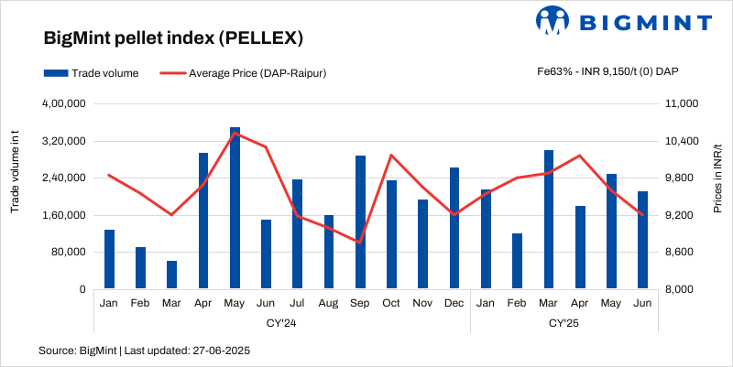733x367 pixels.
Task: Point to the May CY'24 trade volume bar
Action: click(x=235, y=209)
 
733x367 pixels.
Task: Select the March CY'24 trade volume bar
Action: click(x=171, y=275)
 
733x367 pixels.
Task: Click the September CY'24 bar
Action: click(x=360, y=222)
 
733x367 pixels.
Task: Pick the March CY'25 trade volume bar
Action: click(x=548, y=220)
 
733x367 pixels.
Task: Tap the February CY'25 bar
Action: click(x=517, y=261)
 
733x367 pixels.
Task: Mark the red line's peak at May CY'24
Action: click(x=235, y=134)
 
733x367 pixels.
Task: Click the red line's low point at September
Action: click(x=360, y=243)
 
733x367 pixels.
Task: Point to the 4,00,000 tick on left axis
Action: click(x=64, y=104)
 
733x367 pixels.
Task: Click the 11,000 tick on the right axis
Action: click(x=680, y=104)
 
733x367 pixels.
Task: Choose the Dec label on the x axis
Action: click(x=454, y=303)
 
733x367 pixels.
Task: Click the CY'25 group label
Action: click(x=563, y=323)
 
